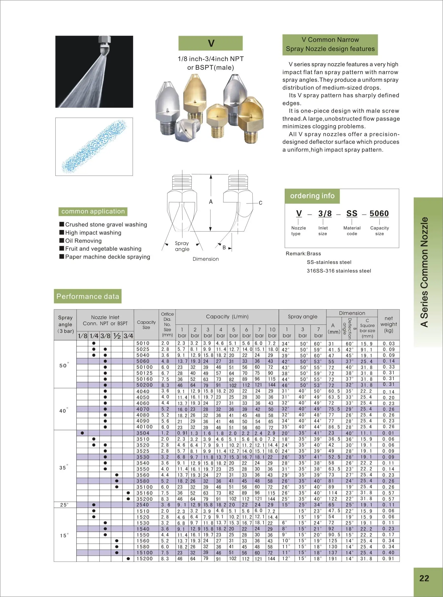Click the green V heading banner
click(x=210, y=43)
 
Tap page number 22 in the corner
click(x=424, y=578)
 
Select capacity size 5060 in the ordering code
click(x=379, y=213)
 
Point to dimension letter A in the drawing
click(x=211, y=202)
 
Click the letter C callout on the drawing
click(x=260, y=203)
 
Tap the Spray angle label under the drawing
click(x=182, y=246)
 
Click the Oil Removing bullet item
click(x=83, y=241)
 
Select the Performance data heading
click(x=88, y=296)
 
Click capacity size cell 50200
click(x=144, y=385)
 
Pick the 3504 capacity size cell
click(x=143, y=433)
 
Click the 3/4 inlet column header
click(x=128, y=336)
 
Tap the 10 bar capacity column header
click(x=272, y=332)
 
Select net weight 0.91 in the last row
click(x=388, y=558)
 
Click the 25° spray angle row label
click(x=64, y=505)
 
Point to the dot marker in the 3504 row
click(x=82, y=433)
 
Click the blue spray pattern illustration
click(x=94, y=146)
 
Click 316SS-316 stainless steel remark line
click(x=339, y=271)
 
